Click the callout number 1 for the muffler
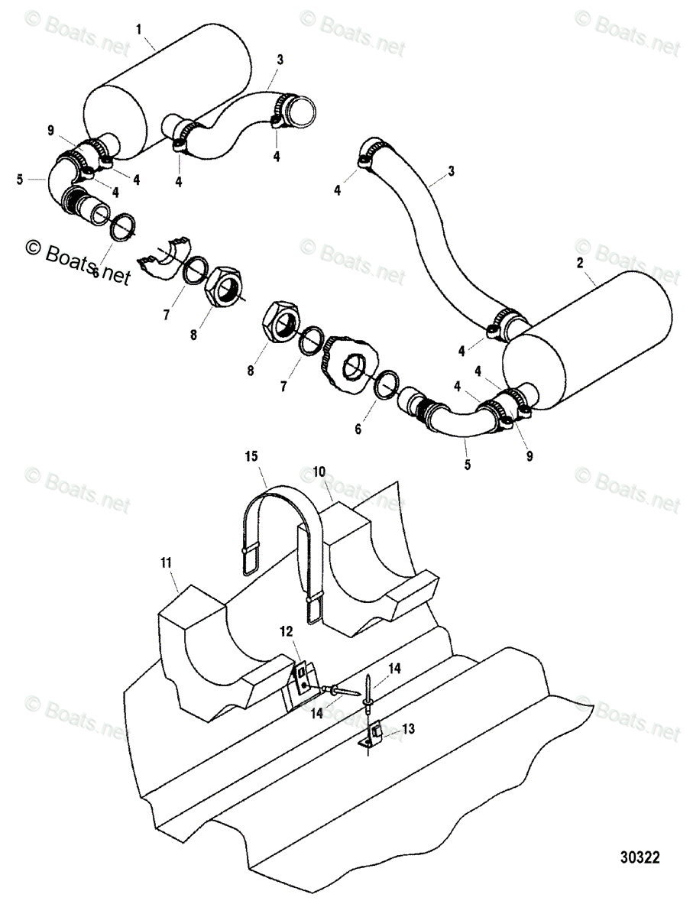pyautogui.click(x=138, y=30)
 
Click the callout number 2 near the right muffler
pyautogui.click(x=580, y=262)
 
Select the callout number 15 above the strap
pyautogui.click(x=252, y=456)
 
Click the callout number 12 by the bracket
pyautogui.click(x=286, y=631)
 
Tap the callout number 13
pyautogui.click(x=409, y=729)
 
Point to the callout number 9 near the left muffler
pyautogui.click(x=50, y=131)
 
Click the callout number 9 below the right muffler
pyautogui.click(x=529, y=456)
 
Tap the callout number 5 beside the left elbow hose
pyautogui.click(x=19, y=180)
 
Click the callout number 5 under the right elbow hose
pyautogui.click(x=468, y=464)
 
